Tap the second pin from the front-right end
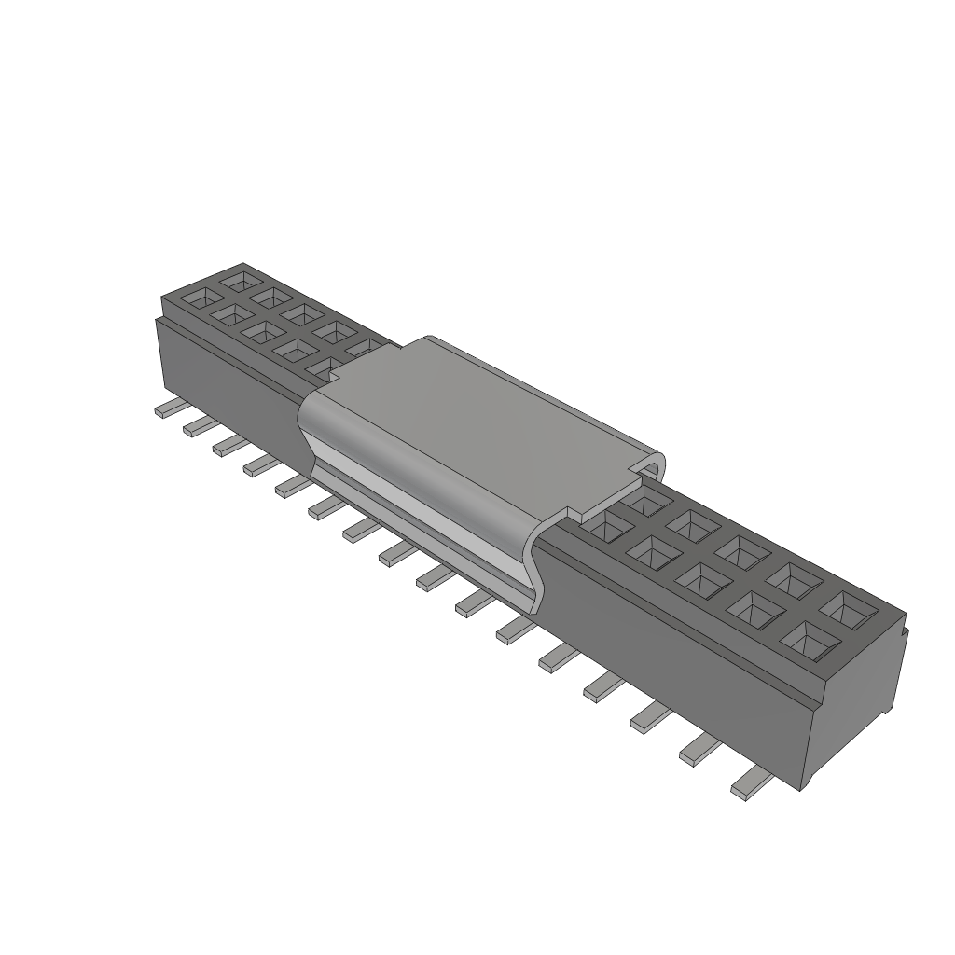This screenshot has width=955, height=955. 702,749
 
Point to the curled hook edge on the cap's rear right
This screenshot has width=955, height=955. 656,466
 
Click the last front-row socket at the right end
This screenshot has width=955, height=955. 809,639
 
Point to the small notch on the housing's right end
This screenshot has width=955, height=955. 906,634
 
